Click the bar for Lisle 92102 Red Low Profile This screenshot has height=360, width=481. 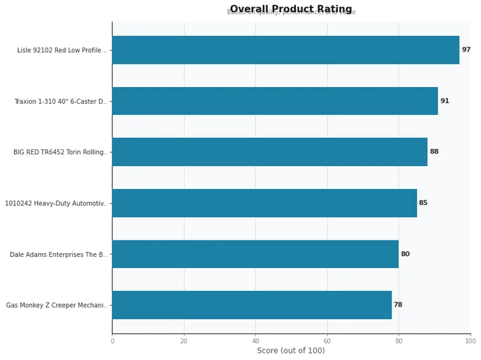coord(286,50)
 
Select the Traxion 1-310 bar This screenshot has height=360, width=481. coord(275,101)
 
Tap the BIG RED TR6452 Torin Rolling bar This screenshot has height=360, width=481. coord(269,152)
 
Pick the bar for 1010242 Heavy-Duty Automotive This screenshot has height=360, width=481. coord(264,203)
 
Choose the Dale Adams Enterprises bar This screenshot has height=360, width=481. coord(255,254)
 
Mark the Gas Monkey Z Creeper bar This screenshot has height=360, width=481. coord(251,305)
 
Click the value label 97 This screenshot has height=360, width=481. coord(466,50)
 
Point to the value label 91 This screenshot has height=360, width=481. coord(444,101)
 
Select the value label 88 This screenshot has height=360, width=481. coord(434,152)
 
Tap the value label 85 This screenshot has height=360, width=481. coord(423,203)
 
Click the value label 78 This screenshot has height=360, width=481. coord(398,305)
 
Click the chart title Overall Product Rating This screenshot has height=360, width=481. coord(291,9)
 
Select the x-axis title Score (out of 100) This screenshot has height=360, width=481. coord(291,350)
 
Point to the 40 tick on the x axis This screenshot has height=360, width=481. coord(256,341)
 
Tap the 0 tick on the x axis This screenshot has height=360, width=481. coord(112,341)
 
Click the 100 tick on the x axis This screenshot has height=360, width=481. coord(470,341)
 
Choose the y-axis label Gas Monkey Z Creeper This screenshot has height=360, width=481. coord(57,305)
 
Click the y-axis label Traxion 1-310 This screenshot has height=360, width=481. coord(61,101)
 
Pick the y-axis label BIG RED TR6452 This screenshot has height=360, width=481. coord(61,152)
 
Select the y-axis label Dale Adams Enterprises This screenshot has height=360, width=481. coord(59,254)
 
